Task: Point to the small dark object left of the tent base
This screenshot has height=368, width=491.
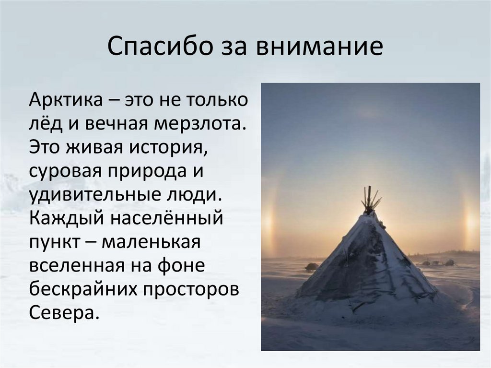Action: point(311,267)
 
